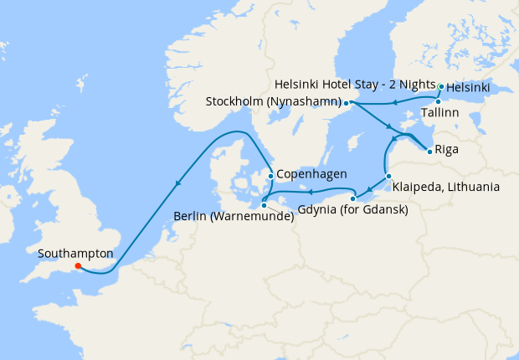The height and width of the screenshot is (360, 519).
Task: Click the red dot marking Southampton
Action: pos(78,266)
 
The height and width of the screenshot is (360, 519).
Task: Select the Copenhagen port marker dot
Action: pos(270,176)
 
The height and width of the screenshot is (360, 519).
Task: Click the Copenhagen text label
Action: pos(311,176)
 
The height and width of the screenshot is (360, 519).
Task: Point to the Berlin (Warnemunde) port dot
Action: pos(263,204)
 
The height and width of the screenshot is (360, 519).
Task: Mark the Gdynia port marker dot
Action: pos(352,198)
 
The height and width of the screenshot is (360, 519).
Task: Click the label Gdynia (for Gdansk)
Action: pos(352,210)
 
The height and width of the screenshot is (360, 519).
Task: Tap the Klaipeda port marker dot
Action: pos(388,175)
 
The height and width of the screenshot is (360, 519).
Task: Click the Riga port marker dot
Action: pos(429,152)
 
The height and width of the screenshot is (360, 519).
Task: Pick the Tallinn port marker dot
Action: pos(438,101)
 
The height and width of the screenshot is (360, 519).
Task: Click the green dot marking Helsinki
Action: pos(441,85)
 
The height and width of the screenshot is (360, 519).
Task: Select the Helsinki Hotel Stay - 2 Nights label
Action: pos(356,85)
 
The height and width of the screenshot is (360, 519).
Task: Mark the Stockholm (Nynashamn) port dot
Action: pos(345,102)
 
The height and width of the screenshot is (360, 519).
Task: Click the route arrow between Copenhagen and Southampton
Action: pos(177,184)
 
